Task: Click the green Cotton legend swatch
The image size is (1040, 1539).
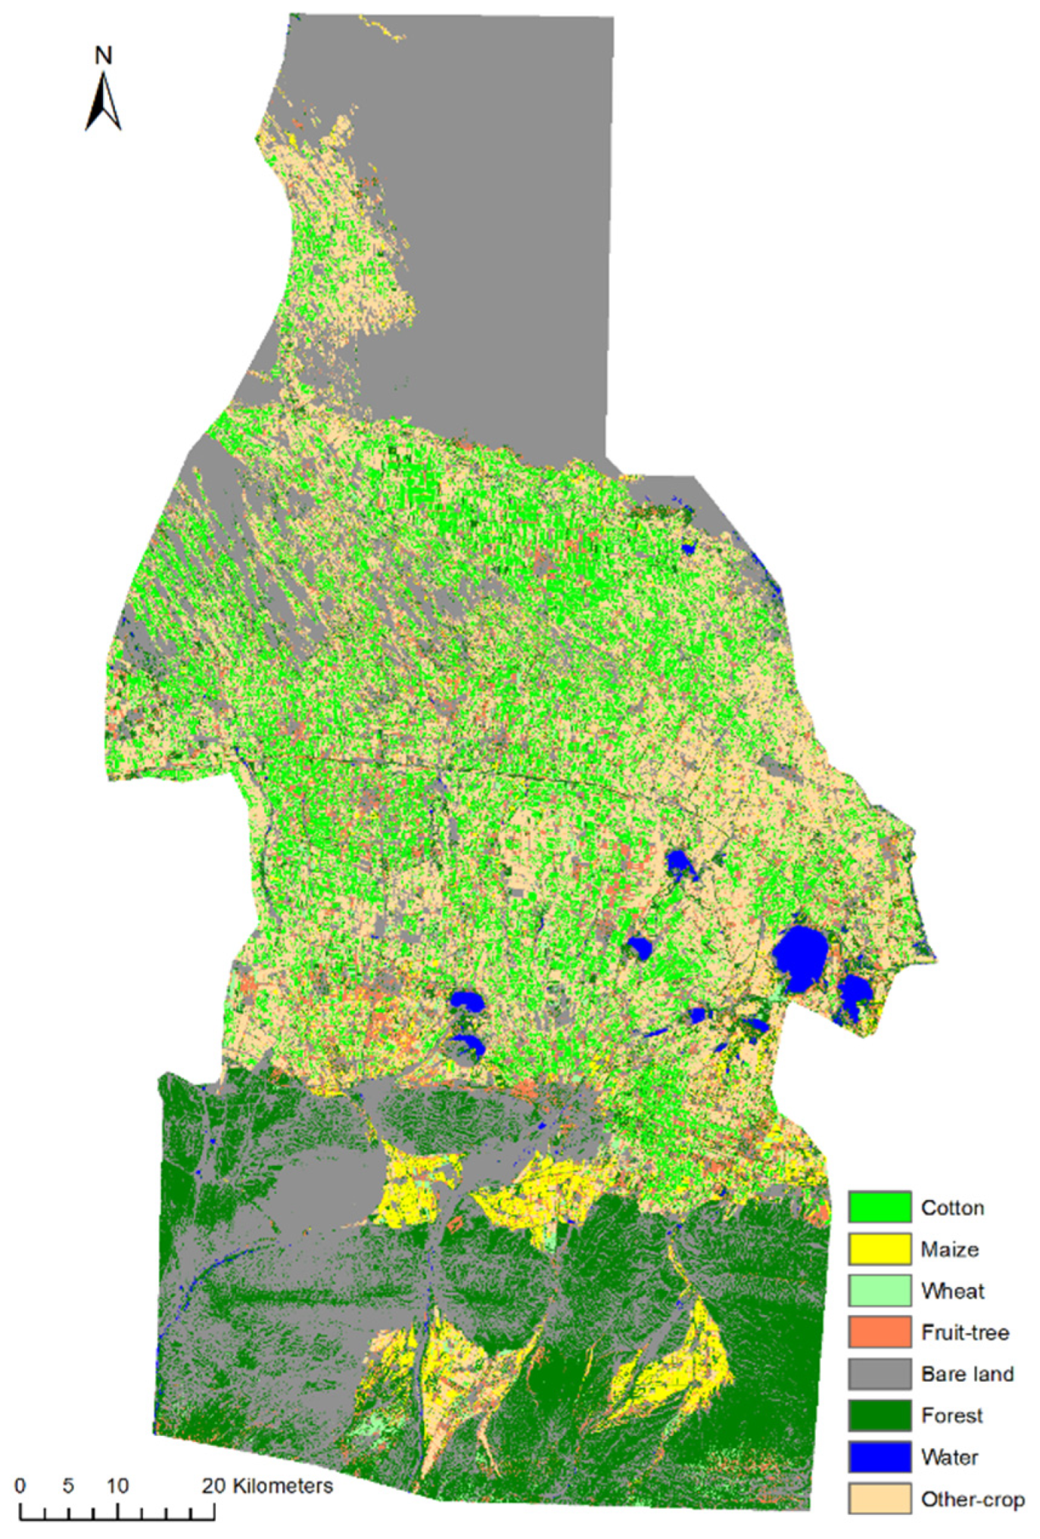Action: coord(879,1207)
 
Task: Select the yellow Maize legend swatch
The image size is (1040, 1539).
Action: coord(879,1248)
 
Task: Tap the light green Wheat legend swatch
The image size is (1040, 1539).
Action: coord(879,1290)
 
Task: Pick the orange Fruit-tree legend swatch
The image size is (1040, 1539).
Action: coord(879,1332)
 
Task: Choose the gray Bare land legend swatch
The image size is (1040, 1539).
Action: coord(879,1373)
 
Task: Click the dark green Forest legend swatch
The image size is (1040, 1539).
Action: coord(879,1415)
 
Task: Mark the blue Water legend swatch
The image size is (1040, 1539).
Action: coord(879,1457)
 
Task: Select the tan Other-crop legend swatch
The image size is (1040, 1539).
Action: coord(879,1499)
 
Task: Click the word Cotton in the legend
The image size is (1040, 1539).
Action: coord(952,1208)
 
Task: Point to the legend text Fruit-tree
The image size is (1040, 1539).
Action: coord(965,1332)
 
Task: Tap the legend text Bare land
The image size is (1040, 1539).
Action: coord(967,1374)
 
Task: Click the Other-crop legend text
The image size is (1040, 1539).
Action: coord(973,1500)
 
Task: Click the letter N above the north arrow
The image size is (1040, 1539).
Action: coord(104,55)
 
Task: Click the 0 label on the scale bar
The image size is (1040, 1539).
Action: coord(20,1486)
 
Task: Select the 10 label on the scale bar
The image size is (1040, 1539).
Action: coord(117,1486)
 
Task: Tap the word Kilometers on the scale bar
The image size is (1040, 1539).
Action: coord(282,1486)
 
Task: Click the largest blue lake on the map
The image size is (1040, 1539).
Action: coord(800,958)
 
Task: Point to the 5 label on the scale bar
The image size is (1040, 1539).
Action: coord(68,1486)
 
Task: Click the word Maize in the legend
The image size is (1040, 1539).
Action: coord(949,1249)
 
